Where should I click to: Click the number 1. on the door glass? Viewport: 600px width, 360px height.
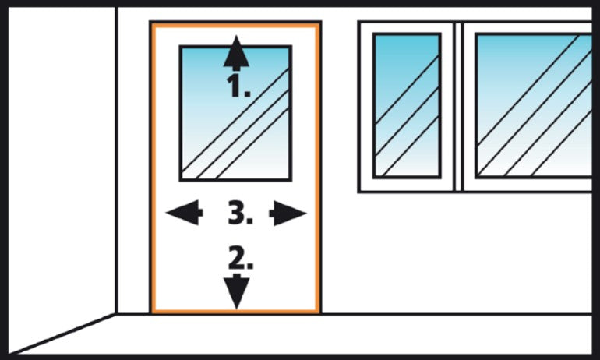239,86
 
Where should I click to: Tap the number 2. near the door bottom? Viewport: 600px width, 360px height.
241,257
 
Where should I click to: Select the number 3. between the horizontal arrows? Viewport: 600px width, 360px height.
240,213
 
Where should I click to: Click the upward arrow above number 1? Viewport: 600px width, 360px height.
236,52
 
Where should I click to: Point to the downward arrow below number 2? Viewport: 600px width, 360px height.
236,291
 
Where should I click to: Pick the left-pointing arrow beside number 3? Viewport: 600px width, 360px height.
184,212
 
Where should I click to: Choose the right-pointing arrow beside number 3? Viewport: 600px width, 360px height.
288,213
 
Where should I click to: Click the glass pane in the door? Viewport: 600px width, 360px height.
235,113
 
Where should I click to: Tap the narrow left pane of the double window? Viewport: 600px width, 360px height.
407,106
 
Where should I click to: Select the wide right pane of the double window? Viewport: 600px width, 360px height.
534,106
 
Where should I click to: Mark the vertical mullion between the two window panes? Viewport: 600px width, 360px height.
458,106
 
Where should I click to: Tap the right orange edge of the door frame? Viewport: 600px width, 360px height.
318,168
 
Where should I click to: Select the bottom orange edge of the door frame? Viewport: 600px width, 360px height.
235,311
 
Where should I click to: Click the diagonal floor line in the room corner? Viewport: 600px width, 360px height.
62,334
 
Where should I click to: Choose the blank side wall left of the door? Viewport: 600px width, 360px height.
62,168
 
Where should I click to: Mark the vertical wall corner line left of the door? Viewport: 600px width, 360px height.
116,161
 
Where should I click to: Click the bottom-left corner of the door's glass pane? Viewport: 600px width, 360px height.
181,180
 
